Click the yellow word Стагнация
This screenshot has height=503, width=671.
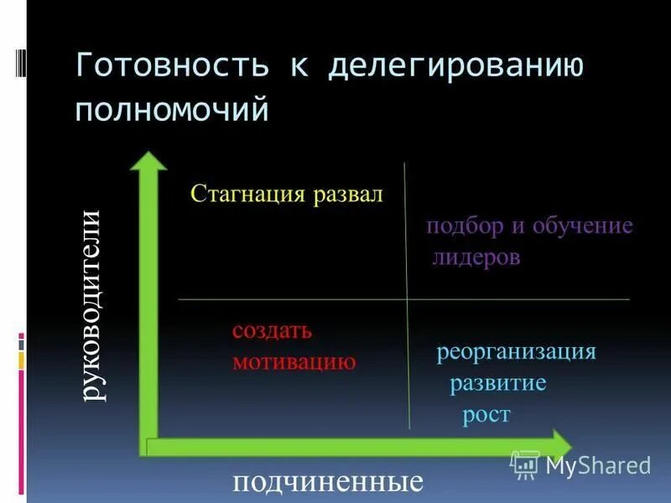[x=248, y=194]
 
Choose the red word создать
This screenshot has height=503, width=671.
[x=272, y=330]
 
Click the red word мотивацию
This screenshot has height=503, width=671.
[x=294, y=361]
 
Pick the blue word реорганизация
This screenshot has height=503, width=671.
[x=516, y=351]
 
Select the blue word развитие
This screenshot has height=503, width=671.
[x=498, y=383]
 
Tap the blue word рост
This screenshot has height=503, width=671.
[x=486, y=414]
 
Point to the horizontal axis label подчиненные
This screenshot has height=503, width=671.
[x=326, y=483]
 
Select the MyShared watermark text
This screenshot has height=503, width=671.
[x=597, y=465]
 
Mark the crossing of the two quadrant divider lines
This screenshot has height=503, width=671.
[x=407, y=299]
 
